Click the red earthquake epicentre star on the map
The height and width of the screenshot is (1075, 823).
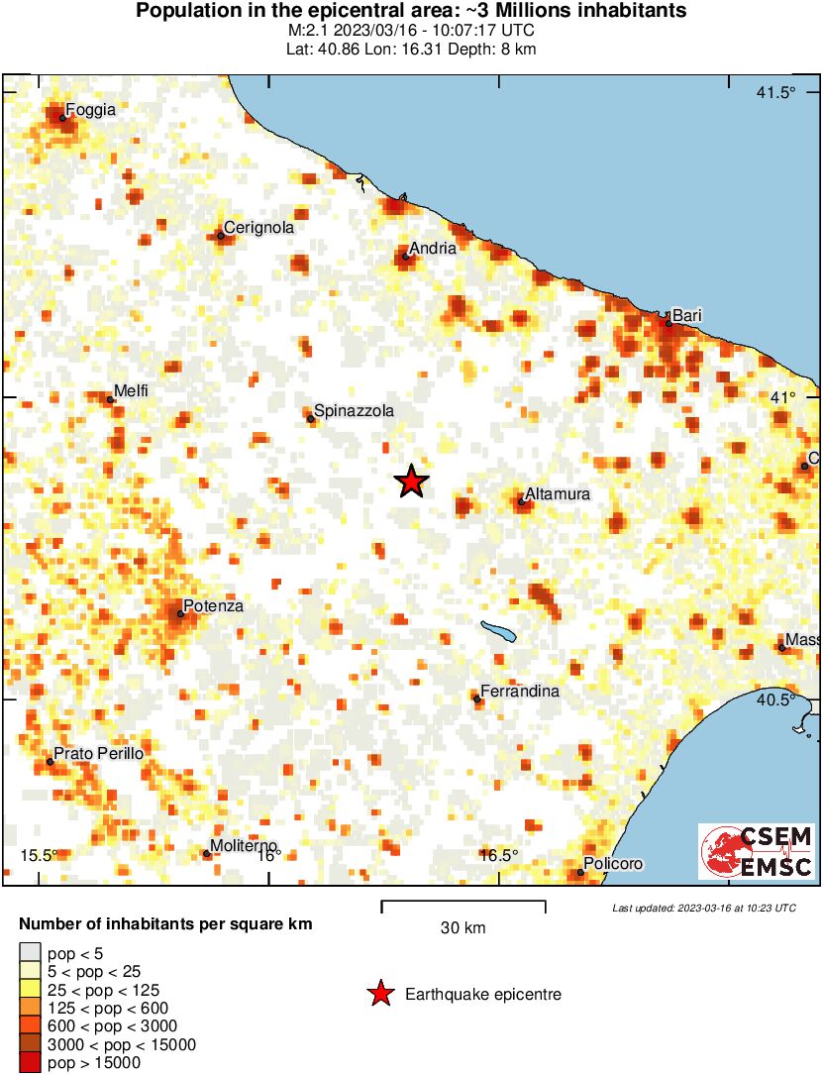(x=411, y=482)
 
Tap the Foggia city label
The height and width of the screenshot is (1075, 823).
(x=90, y=110)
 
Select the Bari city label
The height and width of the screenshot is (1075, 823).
(x=686, y=315)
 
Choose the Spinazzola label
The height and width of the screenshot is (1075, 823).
(x=354, y=410)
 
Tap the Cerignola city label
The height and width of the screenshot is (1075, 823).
(x=258, y=228)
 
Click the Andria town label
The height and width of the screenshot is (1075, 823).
(x=433, y=248)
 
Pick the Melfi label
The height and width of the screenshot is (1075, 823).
(x=131, y=391)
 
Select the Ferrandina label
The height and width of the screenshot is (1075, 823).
(x=519, y=692)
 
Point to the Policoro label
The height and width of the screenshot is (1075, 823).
(x=613, y=864)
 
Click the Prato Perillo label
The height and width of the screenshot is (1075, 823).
(x=98, y=754)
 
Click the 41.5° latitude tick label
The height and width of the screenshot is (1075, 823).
(x=775, y=93)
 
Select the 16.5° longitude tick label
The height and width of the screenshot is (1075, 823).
(x=498, y=856)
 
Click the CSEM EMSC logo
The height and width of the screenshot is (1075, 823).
(x=757, y=851)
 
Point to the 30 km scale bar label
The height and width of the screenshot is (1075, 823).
(x=463, y=928)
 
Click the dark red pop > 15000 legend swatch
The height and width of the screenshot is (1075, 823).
(x=30, y=1062)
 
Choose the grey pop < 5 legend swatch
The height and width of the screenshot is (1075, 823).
(x=30, y=953)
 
